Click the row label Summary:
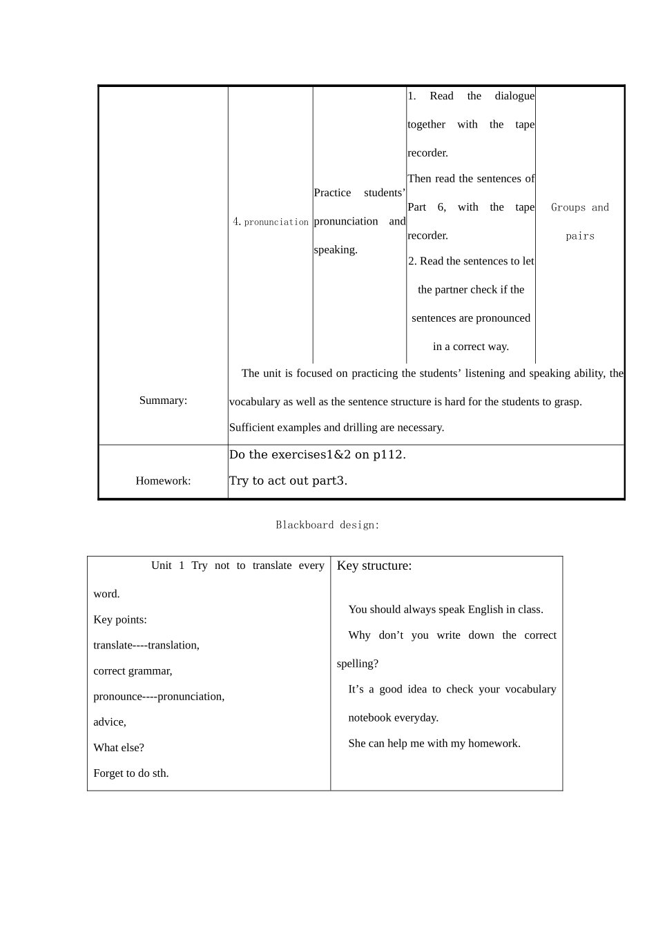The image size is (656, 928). pyautogui.click(x=163, y=400)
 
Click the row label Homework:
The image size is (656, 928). pyautogui.click(x=163, y=481)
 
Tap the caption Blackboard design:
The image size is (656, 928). pyautogui.click(x=327, y=525)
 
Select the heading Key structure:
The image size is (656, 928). pyautogui.click(x=374, y=565)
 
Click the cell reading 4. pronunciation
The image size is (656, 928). pyautogui.click(x=271, y=222)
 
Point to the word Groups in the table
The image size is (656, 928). pyautogui.click(x=568, y=207)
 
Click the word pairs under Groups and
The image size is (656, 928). pyautogui.click(x=579, y=236)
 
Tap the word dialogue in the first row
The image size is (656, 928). pyautogui.click(x=514, y=96)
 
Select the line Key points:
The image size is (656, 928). pyautogui.click(x=120, y=619)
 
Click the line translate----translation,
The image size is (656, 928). pyautogui.click(x=146, y=645)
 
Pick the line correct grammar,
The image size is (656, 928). pyautogui.click(x=133, y=670)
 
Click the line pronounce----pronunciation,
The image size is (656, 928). pyautogui.click(x=159, y=696)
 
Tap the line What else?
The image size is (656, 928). pyautogui.click(x=119, y=747)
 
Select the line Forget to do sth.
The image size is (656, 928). pyautogui.click(x=131, y=773)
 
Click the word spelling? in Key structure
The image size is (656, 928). pyautogui.click(x=357, y=664)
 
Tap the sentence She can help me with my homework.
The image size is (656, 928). pyautogui.click(x=434, y=743)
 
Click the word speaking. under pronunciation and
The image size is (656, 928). pyautogui.click(x=336, y=250)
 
